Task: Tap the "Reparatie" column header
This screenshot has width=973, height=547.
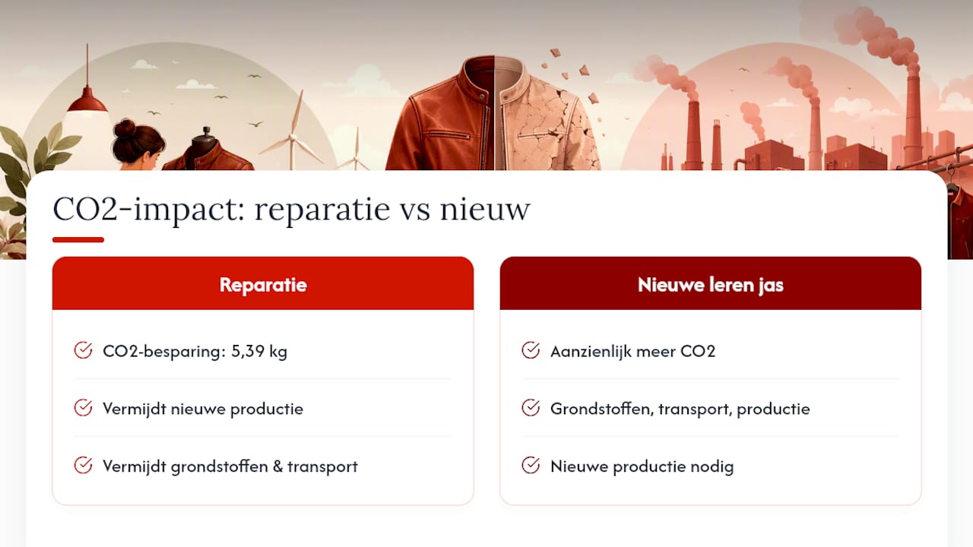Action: click(263, 285)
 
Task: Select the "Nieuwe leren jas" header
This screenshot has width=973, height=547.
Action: click(710, 285)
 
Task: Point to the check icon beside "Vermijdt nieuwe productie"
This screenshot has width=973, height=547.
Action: click(83, 408)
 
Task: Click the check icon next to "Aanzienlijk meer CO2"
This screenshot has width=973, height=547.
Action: click(531, 350)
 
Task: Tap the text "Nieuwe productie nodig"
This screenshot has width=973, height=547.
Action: click(642, 466)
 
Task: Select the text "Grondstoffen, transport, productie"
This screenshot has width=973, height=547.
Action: click(680, 409)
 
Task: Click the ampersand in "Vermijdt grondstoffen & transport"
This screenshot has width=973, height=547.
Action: click(277, 466)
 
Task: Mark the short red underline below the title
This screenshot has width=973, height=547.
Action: click(78, 239)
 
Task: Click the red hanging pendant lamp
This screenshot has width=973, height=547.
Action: click(87, 100)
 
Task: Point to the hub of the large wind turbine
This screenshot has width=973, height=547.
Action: click(293, 138)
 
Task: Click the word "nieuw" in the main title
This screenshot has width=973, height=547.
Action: click(485, 209)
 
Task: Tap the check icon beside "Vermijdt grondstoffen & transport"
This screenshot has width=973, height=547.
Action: click(83, 466)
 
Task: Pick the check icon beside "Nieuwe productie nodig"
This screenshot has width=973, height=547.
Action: click(531, 466)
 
